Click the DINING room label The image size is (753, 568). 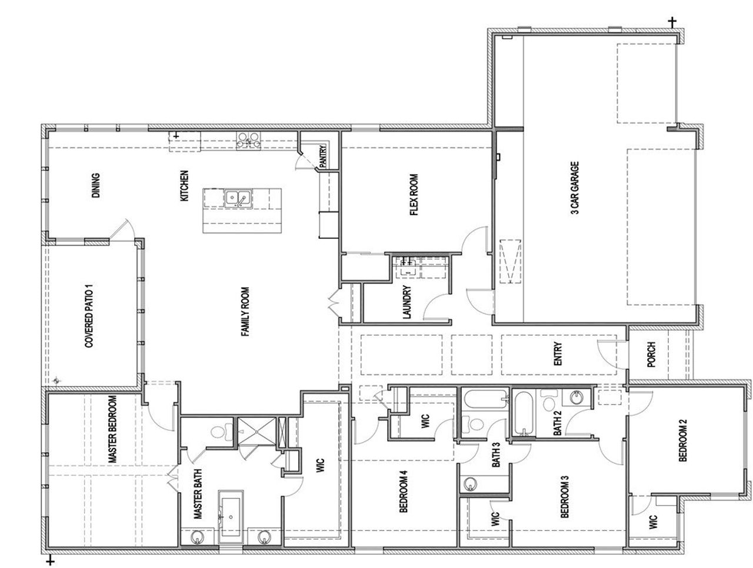pos(96,185)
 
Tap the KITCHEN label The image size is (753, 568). pos(184,186)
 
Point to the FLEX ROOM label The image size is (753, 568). pos(414,195)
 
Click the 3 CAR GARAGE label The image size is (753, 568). pos(575,188)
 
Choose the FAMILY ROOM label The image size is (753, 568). pos(245,312)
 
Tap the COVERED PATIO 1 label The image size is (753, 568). pos(90,318)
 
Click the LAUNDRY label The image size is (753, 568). pos(407,302)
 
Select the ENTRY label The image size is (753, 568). pos(558,355)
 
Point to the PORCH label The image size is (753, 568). pos(651,355)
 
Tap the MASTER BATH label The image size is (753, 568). pos(198,497)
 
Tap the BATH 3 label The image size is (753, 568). pos(496,454)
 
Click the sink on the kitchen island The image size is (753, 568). pos(238,198)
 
